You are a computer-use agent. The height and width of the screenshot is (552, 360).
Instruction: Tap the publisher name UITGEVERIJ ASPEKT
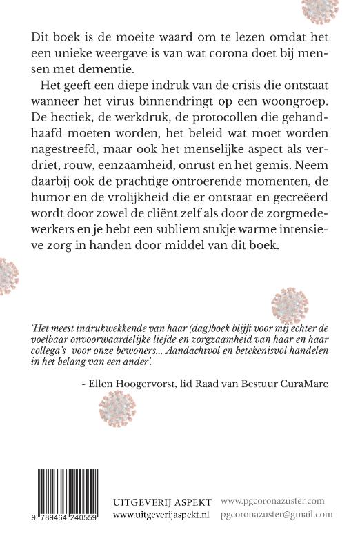(161, 501)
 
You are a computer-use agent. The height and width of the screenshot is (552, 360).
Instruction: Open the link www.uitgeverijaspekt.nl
(161, 514)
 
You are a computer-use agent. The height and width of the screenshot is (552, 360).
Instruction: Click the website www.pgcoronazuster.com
(273, 501)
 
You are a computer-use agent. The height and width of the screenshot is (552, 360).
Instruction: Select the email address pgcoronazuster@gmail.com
(277, 514)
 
